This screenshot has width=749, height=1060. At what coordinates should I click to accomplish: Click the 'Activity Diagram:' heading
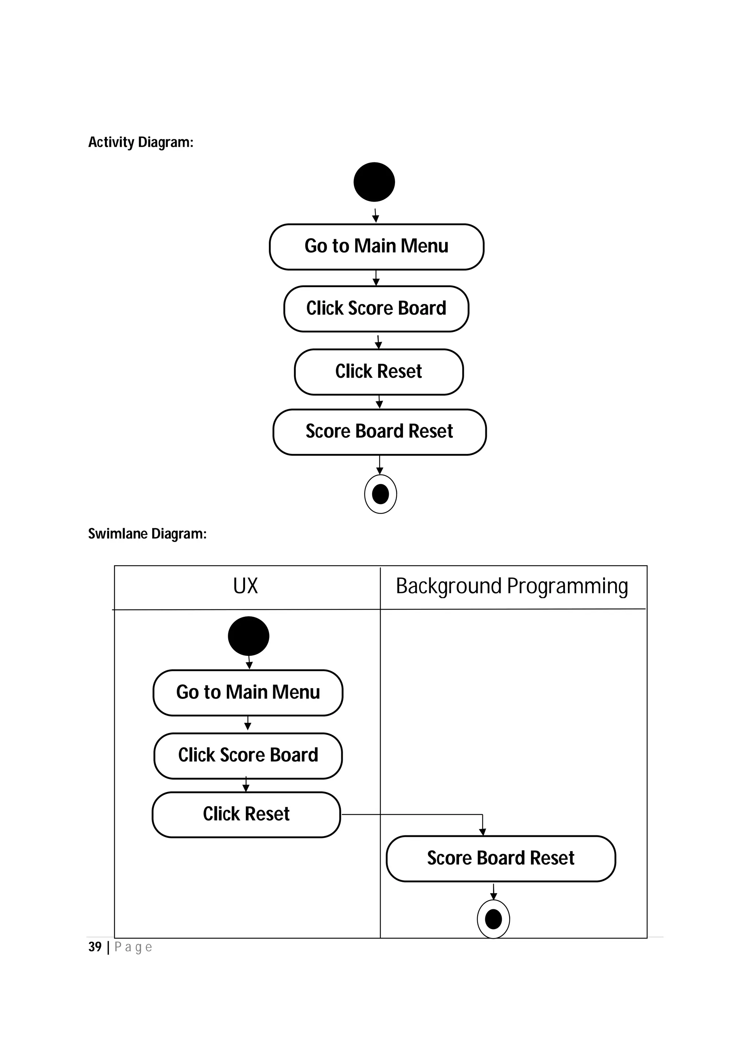tap(141, 142)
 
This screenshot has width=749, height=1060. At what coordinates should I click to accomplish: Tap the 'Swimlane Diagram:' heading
tap(147, 534)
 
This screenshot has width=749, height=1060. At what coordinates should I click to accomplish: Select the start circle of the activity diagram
tap(374, 182)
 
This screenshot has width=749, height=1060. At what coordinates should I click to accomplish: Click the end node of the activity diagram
tap(380, 494)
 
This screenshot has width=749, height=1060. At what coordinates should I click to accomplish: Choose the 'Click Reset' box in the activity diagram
tap(379, 372)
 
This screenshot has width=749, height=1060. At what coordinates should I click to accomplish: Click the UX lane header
tap(245, 586)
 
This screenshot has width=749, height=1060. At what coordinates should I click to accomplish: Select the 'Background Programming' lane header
tap(512, 586)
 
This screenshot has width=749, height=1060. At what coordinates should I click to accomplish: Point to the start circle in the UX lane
tap(248, 636)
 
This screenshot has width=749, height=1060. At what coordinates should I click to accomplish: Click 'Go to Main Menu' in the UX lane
tap(248, 692)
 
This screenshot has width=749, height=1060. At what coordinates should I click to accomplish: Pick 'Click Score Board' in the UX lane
tap(248, 755)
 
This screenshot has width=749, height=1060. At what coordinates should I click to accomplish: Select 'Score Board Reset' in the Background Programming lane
tap(500, 858)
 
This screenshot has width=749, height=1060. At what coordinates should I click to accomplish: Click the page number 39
tap(95, 947)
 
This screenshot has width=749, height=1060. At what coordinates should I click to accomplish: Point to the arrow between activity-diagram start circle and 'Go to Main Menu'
tap(375, 215)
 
